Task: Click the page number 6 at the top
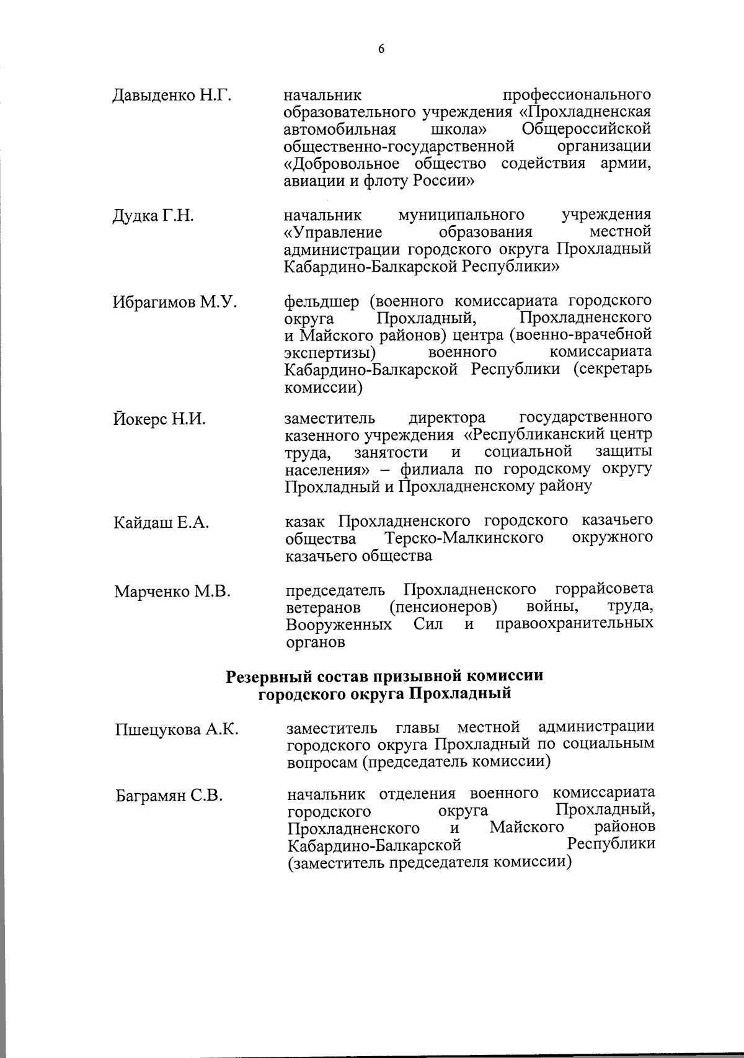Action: point(381,50)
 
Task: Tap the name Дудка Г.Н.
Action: point(153,216)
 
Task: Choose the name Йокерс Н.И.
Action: point(159,419)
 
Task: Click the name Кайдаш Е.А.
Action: point(161,523)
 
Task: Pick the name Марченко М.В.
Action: point(172,592)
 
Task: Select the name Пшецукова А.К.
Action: point(177,729)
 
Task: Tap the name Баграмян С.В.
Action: point(169,796)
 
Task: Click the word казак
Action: point(305,520)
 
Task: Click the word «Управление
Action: point(332,233)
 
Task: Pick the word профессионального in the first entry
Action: point(577,95)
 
